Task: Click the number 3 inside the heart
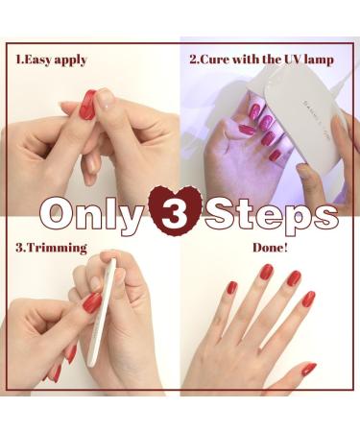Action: point(180,211)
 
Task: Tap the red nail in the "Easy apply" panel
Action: point(87,104)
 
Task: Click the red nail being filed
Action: point(91,303)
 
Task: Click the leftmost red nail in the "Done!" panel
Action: point(231,287)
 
